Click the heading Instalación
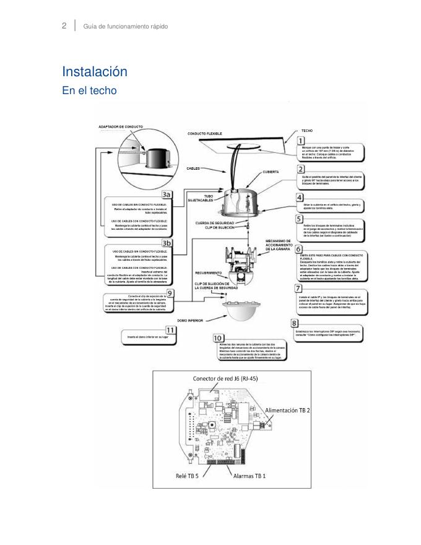95,72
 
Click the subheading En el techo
89,90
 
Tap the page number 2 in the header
64,26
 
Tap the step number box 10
217,338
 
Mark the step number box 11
170,329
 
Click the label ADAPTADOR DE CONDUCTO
121,126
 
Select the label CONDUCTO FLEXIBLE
205,134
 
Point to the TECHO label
307,131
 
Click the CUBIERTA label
271,172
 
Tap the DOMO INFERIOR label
191,321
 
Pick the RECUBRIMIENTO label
209,272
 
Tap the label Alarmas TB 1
250,476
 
